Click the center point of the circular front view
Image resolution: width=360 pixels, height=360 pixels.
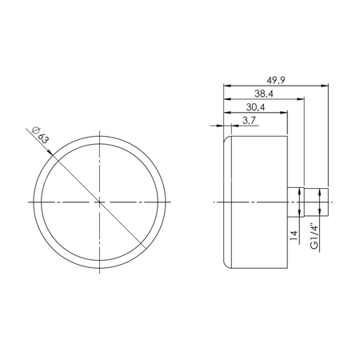99,202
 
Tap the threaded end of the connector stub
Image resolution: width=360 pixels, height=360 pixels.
313,202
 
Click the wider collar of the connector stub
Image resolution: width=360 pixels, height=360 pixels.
297,202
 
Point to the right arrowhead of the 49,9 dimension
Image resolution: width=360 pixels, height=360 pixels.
326,86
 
